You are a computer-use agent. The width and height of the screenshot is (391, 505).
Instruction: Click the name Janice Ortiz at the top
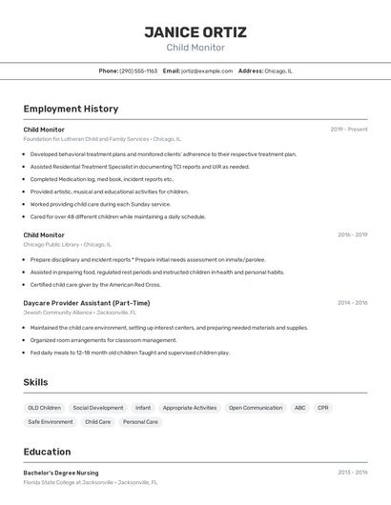pos(195,31)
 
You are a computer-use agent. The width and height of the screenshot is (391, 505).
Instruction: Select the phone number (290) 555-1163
pos(137,71)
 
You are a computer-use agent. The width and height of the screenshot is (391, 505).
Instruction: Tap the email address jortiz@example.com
pos(206,71)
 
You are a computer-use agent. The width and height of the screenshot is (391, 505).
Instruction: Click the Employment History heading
pos(71,109)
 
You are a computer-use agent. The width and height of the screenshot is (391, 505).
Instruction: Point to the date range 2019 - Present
pos(349,130)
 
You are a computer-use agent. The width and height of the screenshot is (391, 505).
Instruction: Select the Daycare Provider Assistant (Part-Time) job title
pos(87,303)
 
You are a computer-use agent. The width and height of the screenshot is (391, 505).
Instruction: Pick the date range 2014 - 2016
pos(352,303)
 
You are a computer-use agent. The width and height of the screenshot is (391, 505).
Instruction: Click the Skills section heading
pos(36,382)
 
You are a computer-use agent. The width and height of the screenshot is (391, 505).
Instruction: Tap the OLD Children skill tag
pos(44,408)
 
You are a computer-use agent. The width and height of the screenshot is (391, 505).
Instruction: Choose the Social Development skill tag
pos(98,408)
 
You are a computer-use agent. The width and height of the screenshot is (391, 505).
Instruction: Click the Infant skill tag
pos(143,408)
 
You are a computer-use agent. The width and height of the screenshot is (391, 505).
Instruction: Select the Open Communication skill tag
pos(256,408)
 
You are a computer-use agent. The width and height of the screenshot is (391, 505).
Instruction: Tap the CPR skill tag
pos(323,408)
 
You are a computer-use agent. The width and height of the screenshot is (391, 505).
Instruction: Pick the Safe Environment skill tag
pos(51,421)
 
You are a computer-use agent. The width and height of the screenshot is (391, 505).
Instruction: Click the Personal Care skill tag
pos(140,421)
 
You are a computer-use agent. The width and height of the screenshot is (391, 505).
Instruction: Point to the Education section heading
pos(47,452)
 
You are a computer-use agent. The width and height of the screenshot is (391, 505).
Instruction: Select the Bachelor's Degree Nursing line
pos(61,472)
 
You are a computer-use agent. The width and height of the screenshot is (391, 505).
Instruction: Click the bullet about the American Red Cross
pos(95,284)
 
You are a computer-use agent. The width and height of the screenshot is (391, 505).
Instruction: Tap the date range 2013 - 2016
pos(352,472)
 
